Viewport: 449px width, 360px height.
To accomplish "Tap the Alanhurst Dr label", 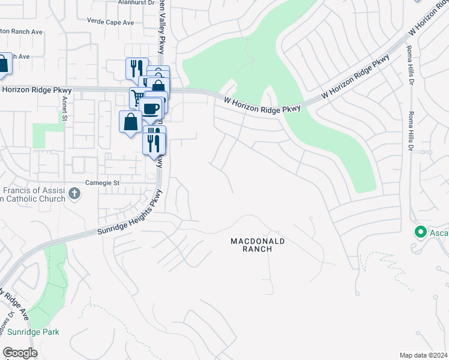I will (x=116, y=3).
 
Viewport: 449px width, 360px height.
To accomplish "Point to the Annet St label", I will (x=64, y=109).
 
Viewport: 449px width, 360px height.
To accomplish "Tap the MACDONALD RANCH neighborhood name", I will (x=258, y=245).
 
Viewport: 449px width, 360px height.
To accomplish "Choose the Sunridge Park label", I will (x=33, y=332).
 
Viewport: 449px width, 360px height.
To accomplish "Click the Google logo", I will (x=20, y=353).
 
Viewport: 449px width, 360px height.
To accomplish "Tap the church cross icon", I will (x=74, y=193).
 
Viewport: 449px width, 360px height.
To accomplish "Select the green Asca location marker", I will (x=420, y=232).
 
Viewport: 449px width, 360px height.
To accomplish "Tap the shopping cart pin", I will (x=138, y=96).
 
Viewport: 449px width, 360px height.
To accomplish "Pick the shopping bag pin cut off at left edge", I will (x=3, y=64).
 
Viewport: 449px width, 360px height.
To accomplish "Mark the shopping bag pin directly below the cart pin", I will (x=130, y=122).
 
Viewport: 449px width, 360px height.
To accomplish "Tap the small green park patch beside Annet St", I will (x=40, y=134).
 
